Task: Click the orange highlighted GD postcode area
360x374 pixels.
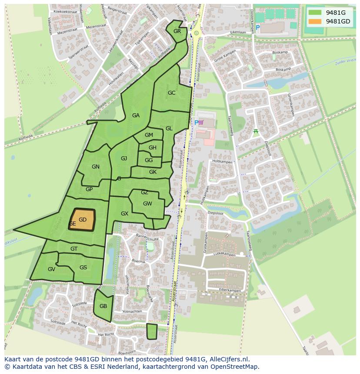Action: coord(82,219)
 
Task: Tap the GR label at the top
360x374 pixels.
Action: coord(177,31)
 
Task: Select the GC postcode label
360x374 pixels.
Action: coord(171,93)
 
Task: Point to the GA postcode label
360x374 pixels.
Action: coord(136,116)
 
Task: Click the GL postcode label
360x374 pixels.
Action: coord(169,129)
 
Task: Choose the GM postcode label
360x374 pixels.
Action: coord(149,135)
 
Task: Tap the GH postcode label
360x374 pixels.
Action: coord(152,148)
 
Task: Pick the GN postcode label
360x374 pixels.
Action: coord(96,167)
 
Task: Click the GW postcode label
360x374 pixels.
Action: coord(147,204)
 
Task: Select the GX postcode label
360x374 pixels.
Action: coord(124,214)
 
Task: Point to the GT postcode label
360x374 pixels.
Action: coord(74,249)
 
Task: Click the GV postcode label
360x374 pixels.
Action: coord(51,269)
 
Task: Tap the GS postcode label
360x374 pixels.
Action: coord(83,268)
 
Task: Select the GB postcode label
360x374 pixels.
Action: coord(103,306)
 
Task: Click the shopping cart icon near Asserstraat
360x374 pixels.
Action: coord(201,123)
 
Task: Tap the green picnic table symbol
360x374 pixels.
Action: coord(256,131)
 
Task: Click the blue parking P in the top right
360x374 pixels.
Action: coord(257,28)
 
